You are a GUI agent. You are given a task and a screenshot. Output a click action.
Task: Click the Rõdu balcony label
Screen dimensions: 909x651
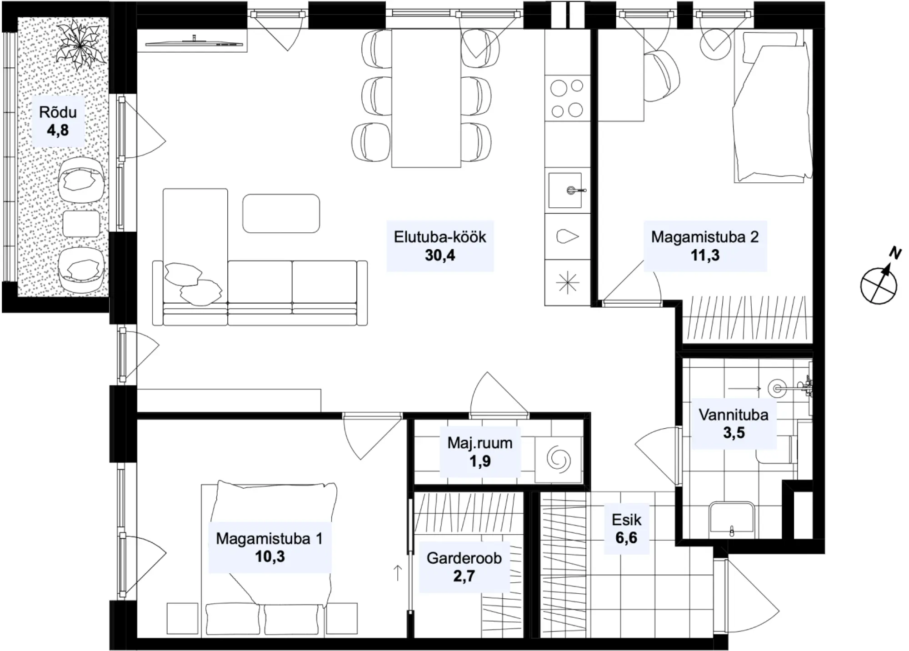(x=58, y=112)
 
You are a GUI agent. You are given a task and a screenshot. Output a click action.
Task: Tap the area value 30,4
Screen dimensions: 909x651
(x=440, y=255)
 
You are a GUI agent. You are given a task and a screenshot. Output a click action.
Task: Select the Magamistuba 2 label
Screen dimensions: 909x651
(x=705, y=237)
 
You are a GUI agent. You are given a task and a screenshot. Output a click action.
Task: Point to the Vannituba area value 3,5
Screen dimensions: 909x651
(x=734, y=432)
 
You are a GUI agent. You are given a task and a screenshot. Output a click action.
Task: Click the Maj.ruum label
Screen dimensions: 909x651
(x=480, y=443)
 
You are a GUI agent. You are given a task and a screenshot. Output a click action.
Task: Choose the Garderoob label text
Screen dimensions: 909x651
(x=464, y=558)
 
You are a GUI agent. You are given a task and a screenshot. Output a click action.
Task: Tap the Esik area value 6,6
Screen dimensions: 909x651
(x=626, y=538)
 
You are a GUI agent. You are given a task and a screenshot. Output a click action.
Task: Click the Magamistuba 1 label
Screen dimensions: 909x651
(x=270, y=538)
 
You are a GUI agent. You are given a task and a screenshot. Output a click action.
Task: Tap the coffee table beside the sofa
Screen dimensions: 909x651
(x=281, y=214)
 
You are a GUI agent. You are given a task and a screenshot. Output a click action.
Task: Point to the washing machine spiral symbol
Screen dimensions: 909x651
(x=558, y=459)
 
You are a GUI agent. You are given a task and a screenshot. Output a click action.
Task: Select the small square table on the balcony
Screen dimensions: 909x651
(x=81, y=224)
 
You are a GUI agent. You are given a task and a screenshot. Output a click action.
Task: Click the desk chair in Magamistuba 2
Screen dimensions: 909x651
(x=662, y=75)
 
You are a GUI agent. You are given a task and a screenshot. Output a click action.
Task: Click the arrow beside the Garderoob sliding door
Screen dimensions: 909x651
(x=398, y=573)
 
